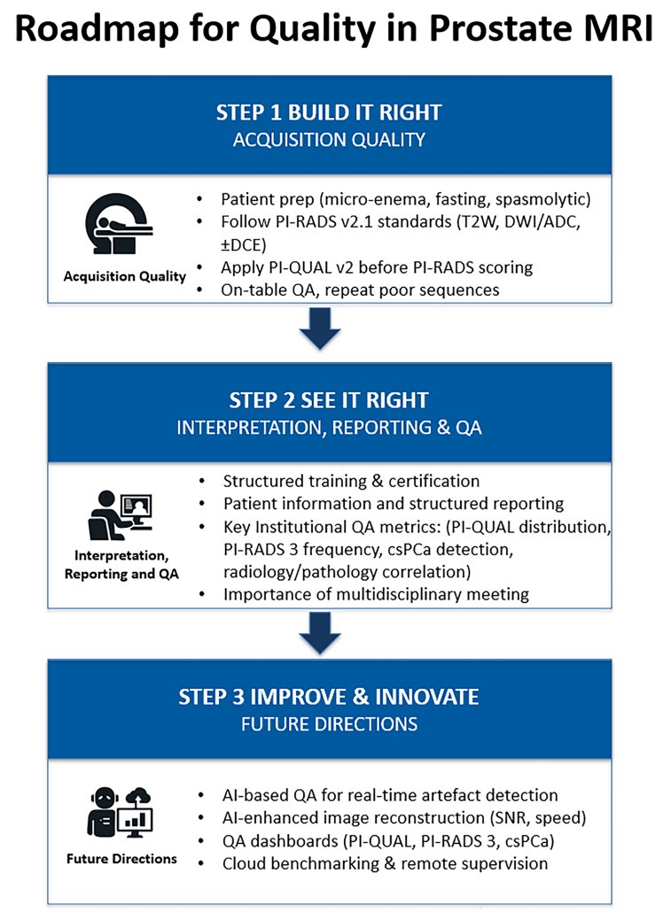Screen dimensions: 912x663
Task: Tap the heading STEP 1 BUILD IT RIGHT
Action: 329,113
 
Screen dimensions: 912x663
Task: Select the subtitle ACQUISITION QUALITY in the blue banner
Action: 329,140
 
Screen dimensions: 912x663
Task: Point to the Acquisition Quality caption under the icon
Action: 124,276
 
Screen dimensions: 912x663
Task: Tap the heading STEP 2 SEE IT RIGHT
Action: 329,400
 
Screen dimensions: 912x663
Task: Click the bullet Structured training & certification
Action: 351,481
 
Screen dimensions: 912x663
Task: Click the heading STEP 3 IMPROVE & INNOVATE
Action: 329,697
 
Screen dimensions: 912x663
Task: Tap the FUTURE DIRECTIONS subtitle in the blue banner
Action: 329,724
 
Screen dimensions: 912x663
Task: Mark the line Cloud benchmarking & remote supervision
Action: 386,862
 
